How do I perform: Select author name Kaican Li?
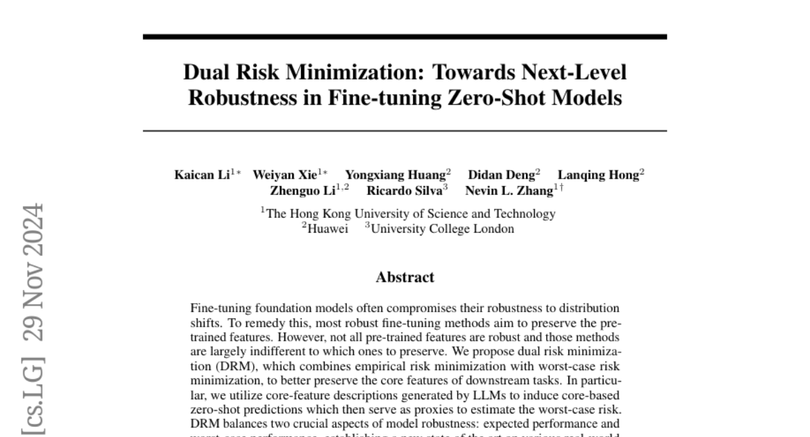pyautogui.click(x=202, y=175)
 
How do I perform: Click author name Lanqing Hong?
pyautogui.click(x=597, y=175)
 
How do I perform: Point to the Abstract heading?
pyautogui.click(x=405, y=277)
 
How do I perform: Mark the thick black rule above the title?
pyautogui.click(x=405, y=36)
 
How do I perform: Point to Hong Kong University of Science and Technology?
pyautogui.click(x=411, y=214)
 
